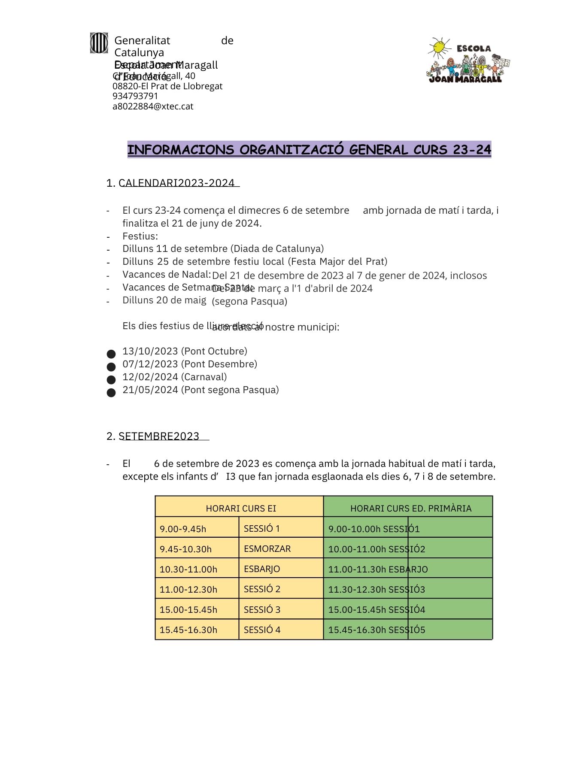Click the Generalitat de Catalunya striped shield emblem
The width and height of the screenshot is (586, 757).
99,43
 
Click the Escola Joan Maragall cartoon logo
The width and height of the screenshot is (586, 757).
468,61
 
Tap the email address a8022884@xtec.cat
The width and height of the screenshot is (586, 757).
153,106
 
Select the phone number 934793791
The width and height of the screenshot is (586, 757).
135,96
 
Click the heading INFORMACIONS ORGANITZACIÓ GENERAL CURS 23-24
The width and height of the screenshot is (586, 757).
309,150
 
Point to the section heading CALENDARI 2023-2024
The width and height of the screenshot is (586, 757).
176,183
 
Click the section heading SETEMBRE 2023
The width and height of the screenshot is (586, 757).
159,436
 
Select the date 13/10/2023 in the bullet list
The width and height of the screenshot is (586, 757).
150,351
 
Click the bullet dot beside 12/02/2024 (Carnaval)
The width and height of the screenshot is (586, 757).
111,379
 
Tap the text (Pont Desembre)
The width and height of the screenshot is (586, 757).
219,364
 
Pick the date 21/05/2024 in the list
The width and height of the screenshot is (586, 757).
150,390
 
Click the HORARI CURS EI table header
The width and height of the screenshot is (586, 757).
241,509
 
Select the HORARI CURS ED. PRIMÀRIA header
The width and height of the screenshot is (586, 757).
411,509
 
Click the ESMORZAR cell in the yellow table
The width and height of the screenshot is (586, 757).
267,549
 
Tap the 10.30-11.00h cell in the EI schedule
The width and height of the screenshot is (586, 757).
188,569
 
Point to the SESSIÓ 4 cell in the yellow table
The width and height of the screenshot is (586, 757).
262,630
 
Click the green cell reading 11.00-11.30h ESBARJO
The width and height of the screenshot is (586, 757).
378,569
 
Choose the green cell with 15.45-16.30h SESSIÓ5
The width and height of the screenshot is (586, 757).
376,630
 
